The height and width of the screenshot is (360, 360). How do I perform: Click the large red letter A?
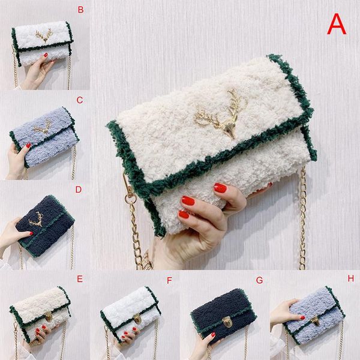pos(337,24)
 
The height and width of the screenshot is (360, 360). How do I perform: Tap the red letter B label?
pos(80,10)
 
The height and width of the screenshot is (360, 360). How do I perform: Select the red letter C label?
pos(80,100)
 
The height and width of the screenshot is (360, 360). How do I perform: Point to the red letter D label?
pos(79,190)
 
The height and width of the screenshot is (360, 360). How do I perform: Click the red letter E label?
pos(80,279)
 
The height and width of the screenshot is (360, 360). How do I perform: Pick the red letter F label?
pos(169,280)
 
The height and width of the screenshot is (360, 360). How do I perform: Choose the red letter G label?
pos(259,280)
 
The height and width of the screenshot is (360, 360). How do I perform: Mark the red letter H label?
pos(350,278)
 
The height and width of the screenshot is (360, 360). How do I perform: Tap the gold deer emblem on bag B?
pos(44,35)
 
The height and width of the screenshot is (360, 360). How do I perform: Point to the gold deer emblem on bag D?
pos(37,220)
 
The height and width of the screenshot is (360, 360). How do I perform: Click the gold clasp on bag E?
pos(49,316)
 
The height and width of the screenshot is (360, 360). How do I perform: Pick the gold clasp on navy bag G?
pos(227,322)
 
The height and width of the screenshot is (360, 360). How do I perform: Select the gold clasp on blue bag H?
pos(316,320)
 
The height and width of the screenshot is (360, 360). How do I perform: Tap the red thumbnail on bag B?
pos(46,55)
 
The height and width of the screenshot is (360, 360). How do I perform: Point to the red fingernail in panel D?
pos(31,233)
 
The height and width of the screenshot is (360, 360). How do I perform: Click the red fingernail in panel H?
pos(302,318)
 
